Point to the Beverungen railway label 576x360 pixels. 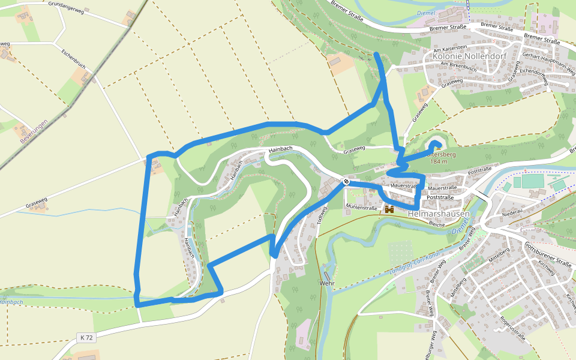pyautogui.click(x=33, y=131)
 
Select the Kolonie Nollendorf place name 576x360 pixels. pyautogui.click(x=470, y=56)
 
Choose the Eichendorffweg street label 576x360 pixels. pyautogui.click(x=534, y=77)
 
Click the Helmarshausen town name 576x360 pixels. pyautogui.click(x=439, y=214)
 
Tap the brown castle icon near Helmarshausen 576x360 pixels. pyautogui.click(x=389, y=209)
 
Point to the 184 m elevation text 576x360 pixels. pyautogui.click(x=439, y=162)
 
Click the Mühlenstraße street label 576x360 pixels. pyautogui.click(x=361, y=208)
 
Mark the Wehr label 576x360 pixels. pyautogui.click(x=327, y=283)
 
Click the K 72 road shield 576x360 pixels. pyautogui.click(x=86, y=338)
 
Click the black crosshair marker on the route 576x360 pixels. pyautogui.click(x=346, y=181)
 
